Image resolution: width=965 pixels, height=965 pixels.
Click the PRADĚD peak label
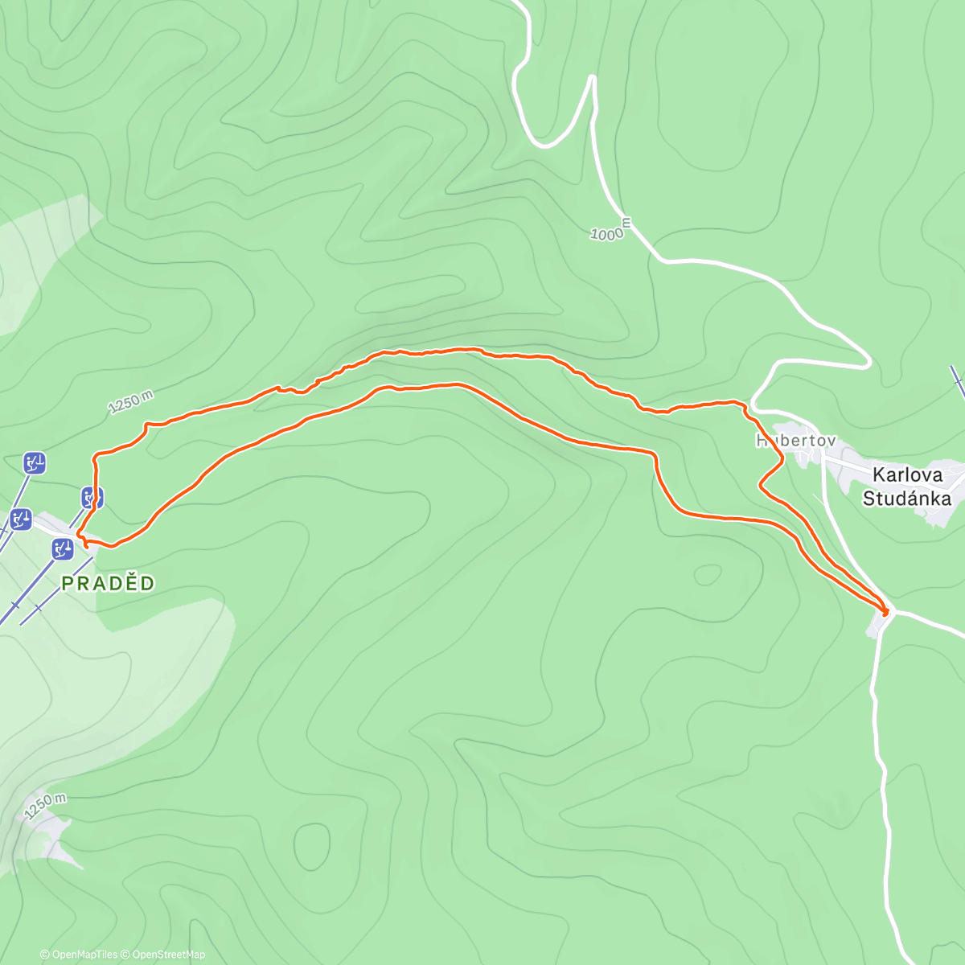108,583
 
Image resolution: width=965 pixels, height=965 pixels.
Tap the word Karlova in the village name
906,474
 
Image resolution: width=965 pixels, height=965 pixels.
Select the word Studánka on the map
906,499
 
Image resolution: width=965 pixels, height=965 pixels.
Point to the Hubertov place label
795,441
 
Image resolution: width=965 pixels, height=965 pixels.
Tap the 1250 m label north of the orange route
130,402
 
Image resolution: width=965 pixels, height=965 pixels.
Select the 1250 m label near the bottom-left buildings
45,805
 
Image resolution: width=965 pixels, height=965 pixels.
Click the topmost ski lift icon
35,462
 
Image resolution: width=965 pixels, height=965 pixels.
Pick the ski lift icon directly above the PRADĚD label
63,549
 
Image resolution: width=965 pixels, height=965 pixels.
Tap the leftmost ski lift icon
21,519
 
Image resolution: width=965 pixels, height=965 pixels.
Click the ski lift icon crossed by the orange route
92,497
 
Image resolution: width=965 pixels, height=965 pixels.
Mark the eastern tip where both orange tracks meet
887,612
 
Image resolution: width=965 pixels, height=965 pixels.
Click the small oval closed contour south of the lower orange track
708,575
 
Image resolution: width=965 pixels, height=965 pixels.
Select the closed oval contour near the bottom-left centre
312,846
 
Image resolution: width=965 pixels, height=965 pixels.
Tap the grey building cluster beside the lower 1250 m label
48,836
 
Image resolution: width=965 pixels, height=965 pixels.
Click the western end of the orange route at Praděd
79,534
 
